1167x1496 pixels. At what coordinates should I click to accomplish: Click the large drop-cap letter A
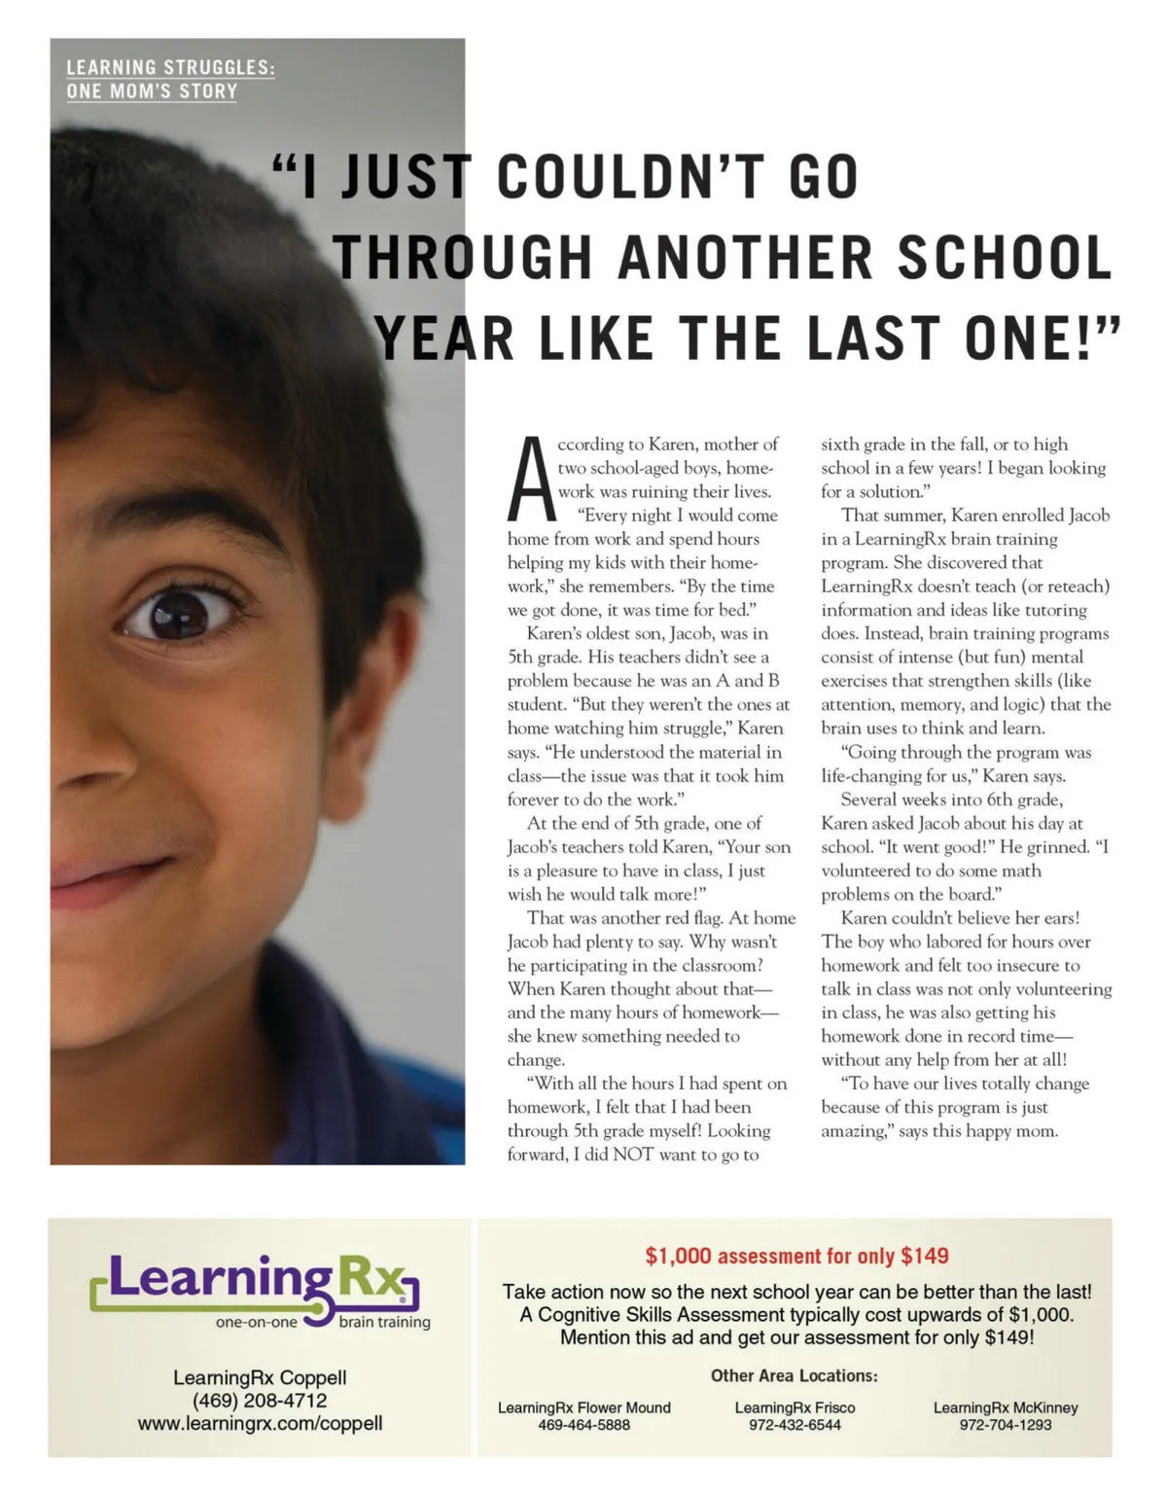click(530, 480)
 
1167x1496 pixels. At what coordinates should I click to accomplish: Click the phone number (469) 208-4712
click(260, 1401)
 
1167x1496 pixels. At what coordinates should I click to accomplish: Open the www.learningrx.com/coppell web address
click(260, 1423)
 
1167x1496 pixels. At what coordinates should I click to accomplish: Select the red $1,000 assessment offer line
click(796, 1256)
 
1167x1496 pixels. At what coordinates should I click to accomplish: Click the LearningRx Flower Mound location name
click(583, 1407)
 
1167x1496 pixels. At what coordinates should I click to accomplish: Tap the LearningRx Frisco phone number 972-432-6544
click(795, 1425)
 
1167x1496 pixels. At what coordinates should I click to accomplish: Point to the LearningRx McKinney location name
click(1006, 1407)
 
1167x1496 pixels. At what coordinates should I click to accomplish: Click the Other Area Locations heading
click(794, 1375)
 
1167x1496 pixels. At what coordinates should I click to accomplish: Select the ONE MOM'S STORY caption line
click(152, 91)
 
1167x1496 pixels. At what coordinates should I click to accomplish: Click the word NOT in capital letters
click(634, 1155)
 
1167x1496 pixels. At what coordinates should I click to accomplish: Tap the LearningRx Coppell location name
click(260, 1377)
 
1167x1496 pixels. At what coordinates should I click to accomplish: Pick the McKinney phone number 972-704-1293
click(1006, 1425)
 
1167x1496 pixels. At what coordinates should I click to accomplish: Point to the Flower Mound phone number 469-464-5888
click(583, 1425)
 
